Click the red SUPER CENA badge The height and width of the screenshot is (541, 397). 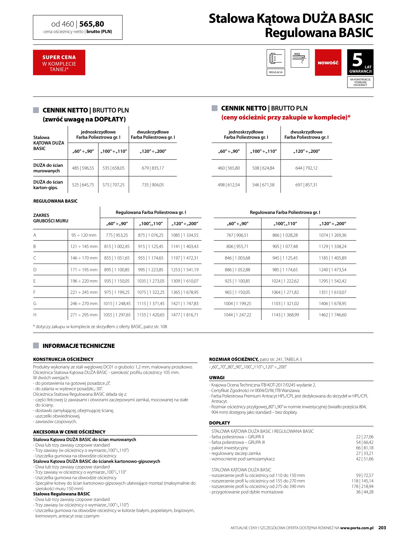[x=59, y=63]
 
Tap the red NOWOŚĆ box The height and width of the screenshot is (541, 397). [x=328, y=63]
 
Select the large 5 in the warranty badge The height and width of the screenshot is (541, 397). [x=357, y=60]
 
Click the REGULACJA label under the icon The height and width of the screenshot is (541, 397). [x=276, y=72]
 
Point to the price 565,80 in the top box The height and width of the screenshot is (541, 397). [x=92, y=24]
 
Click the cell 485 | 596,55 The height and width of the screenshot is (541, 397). [x=83, y=168]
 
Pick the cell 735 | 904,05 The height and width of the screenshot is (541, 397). [x=153, y=185]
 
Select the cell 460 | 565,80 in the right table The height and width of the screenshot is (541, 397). [x=228, y=168]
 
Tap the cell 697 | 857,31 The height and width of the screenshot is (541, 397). [x=306, y=185]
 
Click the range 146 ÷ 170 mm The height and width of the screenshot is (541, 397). [x=84, y=258]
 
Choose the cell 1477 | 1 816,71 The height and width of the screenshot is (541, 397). [x=185, y=315]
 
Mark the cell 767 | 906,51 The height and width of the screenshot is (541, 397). [x=237, y=235]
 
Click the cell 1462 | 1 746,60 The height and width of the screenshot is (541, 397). [x=333, y=315]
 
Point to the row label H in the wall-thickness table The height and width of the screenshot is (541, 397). [x=35, y=315]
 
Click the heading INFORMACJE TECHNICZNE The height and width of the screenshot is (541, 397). [x=78, y=346]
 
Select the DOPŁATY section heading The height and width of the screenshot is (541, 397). [x=219, y=423]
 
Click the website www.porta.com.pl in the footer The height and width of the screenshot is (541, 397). [x=357, y=528]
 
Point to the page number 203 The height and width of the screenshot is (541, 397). [x=382, y=528]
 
